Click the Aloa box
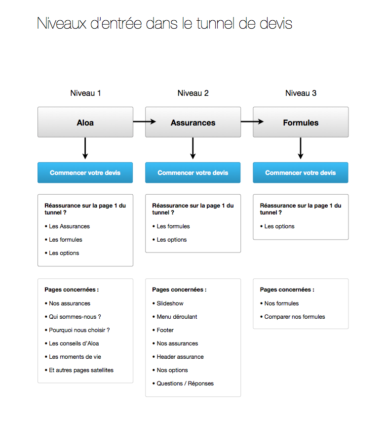pyautogui.click(x=85, y=122)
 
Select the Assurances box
pyautogui.click(x=193, y=122)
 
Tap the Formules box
pyautogui.click(x=301, y=122)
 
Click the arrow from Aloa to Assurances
pyautogui.click(x=145, y=122)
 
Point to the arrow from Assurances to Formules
pyautogui.click(x=252, y=122)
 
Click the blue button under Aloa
pyautogui.click(x=85, y=172)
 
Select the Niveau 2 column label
pyautogui.click(x=193, y=93)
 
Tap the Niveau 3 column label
pyautogui.click(x=301, y=93)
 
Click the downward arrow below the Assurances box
pyautogui.click(x=193, y=148)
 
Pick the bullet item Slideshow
pyautogui.click(x=168, y=303)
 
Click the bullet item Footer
pyautogui.click(x=163, y=330)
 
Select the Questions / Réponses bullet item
pyautogui.click(x=183, y=383)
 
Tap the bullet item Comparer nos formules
pyautogui.click(x=292, y=317)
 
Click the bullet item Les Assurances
pyautogui.click(x=67, y=226)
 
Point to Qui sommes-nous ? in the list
pyautogui.click(x=73, y=317)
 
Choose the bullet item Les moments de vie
pyautogui.click(x=73, y=357)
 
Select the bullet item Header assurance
pyautogui.click(x=178, y=357)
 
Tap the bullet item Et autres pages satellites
pyautogui.click(x=79, y=370)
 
